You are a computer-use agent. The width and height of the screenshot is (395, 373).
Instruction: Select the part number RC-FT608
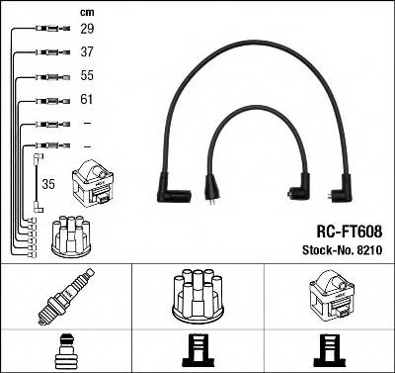tap(351, 229)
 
